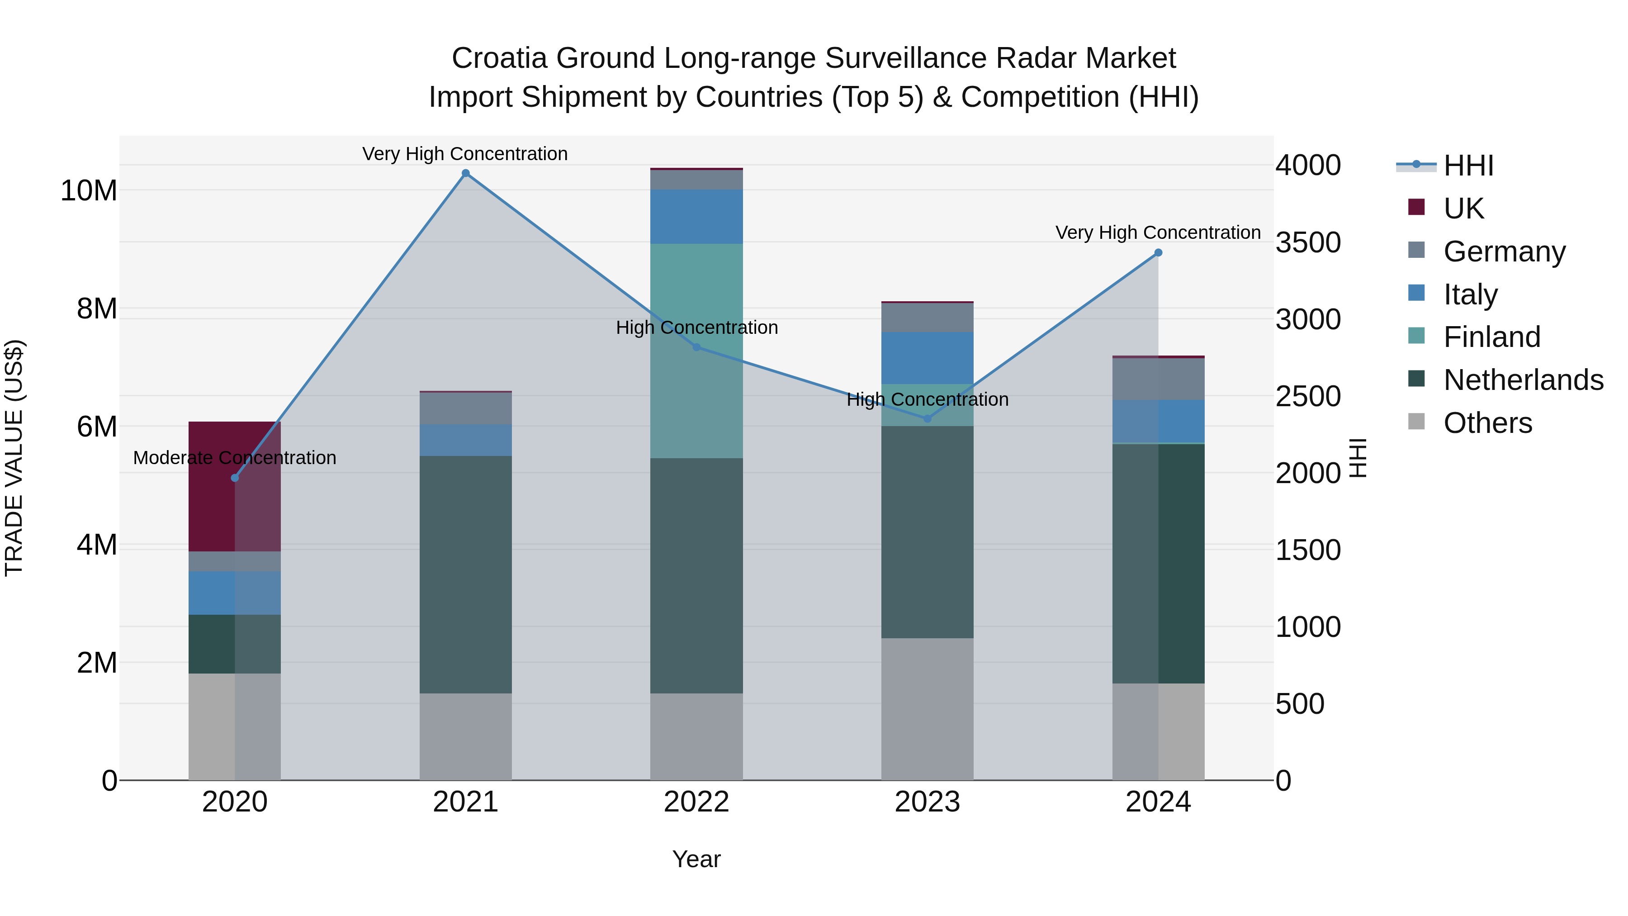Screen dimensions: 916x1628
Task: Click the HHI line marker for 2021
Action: click(x=466, y=173)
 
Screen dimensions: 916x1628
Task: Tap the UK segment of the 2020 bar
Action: click(x=234, y=487)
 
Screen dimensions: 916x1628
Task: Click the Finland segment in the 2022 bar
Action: click(x=696, y=351)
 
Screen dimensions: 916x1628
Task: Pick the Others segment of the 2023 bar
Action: click(x=927, y=709)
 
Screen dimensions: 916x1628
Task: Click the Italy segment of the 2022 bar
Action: click(x=696, y=217)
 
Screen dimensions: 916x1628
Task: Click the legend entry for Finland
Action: click(x=1491, y=337)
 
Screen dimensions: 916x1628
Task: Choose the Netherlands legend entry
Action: click(x=1523, y=380)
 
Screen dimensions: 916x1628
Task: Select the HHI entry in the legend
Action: click(x=1468, y=166)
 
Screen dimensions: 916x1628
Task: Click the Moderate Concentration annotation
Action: click(x=234, y=458)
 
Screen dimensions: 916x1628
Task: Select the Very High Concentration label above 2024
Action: click(x=1158, y=233)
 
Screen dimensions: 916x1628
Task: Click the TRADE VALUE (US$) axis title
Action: click(x=14, y=458)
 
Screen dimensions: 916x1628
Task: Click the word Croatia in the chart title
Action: click(x=499, y=58)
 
